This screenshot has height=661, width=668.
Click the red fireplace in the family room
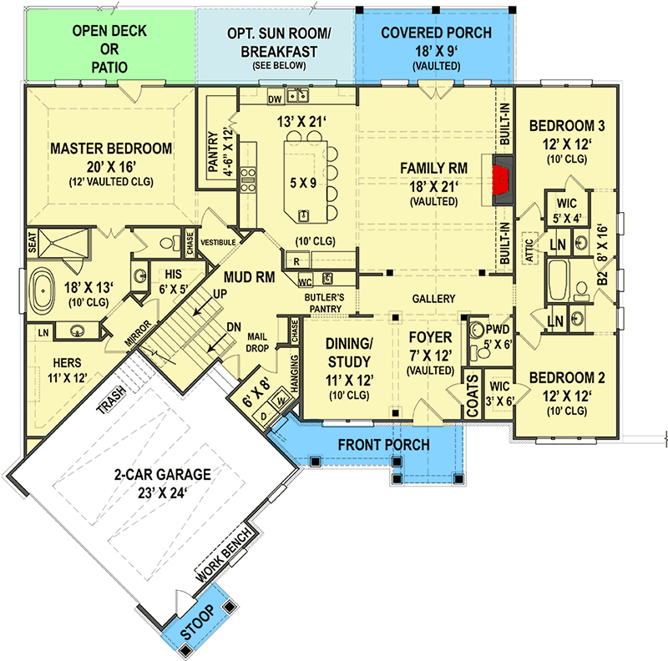point(503,178)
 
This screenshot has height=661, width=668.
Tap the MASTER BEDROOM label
point(111,149)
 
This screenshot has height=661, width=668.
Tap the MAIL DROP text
point(256,342)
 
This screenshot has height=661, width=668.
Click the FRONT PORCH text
point(384,444)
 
